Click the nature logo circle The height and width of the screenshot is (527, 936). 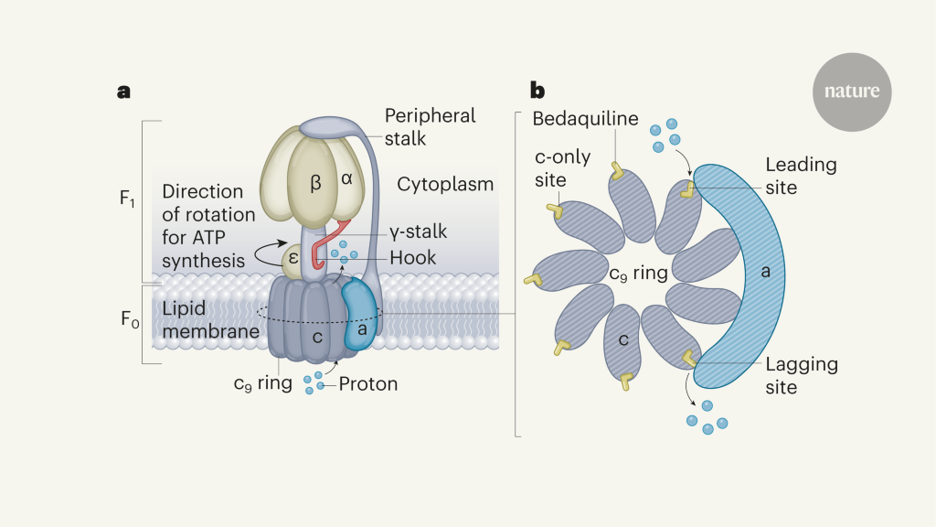pyautogui.click(x=852, y=91)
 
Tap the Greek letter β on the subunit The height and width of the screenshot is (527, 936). pyautogui.click(x=316, y=184)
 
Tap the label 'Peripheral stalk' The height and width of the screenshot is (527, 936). pyautogui.click(x=430, y=127)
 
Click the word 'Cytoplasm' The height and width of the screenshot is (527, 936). pyautogui.click(x=445, y=184)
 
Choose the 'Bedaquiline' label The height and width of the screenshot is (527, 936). pyautogui.click(x=584, y=120)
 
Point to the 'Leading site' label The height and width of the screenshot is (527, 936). pyautogui.click(x=801, y=176)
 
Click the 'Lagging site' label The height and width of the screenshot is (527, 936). pyautogui.click(x=801, y=375)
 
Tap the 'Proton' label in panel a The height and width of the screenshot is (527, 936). pyautogui.click(x=368, y=383)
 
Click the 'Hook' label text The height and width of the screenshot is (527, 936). pyautogui.click(x=412, y=258)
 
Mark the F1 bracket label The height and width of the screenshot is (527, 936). pyautogui.click(x=128, y=200)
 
